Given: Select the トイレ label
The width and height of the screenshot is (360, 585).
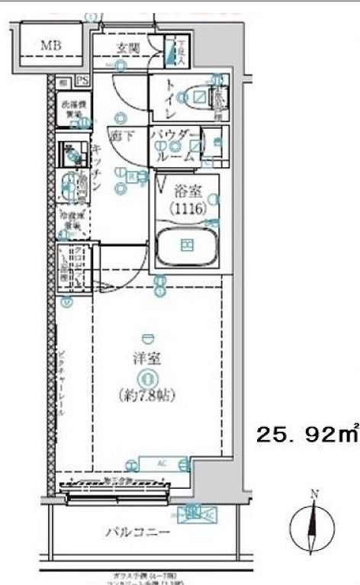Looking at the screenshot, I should (169, 97).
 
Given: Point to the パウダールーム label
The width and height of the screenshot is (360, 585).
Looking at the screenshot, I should (175, 143).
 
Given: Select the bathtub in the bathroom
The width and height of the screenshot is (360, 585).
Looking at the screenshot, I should (186, 244).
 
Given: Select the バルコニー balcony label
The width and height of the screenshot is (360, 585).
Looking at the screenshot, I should (137, 532).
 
